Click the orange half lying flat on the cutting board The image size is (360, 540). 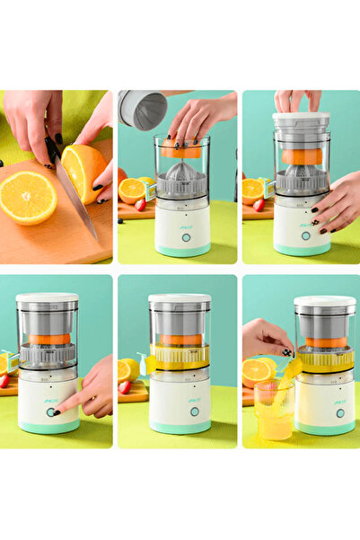pos(27,197)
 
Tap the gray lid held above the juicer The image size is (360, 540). pos(143,109)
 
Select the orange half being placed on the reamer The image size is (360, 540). pos(181,151)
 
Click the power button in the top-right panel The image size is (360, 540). pos(305,236)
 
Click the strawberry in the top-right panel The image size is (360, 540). pos(259,205)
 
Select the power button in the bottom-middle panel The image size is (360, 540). pos(194,412)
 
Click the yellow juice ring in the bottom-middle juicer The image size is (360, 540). pos(180,357)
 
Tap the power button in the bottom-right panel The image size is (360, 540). pos(339,413)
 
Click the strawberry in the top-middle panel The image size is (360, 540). pos(139,205)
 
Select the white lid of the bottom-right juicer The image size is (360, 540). pos(324,303)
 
